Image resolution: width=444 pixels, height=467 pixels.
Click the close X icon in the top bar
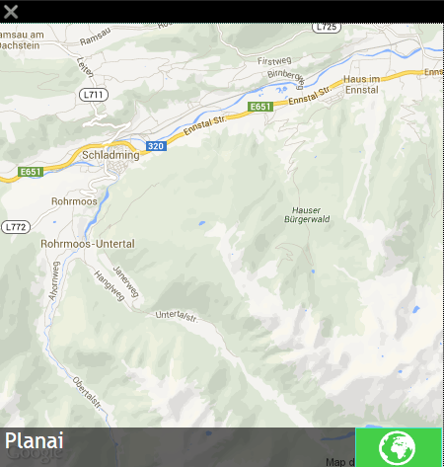[12, 12]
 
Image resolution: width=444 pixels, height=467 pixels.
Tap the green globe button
[398, 446]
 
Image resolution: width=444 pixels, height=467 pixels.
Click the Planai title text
[35, 442]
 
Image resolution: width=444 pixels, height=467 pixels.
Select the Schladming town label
[111, 155]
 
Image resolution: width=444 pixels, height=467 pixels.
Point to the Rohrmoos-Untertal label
[87, 243]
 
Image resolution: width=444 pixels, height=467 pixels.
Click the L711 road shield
[93, 95]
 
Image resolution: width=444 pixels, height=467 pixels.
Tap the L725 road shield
[326, 28]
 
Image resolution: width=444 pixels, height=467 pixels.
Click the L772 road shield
[16, 226]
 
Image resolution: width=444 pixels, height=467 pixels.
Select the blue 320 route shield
[155, 146]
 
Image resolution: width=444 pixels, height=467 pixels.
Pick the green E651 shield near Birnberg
[260, 107]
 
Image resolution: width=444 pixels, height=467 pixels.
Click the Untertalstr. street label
[178, 316]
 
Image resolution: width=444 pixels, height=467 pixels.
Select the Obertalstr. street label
[87, 392]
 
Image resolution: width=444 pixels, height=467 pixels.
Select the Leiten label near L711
[85, 66]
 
